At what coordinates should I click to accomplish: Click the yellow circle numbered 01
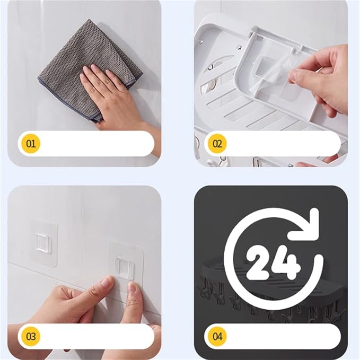click(31, 144)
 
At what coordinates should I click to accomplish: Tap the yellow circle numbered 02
click(217, 144)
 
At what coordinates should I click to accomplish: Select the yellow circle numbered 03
click(31, 337)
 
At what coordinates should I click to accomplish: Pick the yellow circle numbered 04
click(217, 337)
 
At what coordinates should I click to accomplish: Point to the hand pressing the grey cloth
click(115, 96)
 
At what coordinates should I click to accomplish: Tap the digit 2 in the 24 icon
click(258, 262)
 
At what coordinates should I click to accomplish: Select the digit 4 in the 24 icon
click(287, 262)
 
